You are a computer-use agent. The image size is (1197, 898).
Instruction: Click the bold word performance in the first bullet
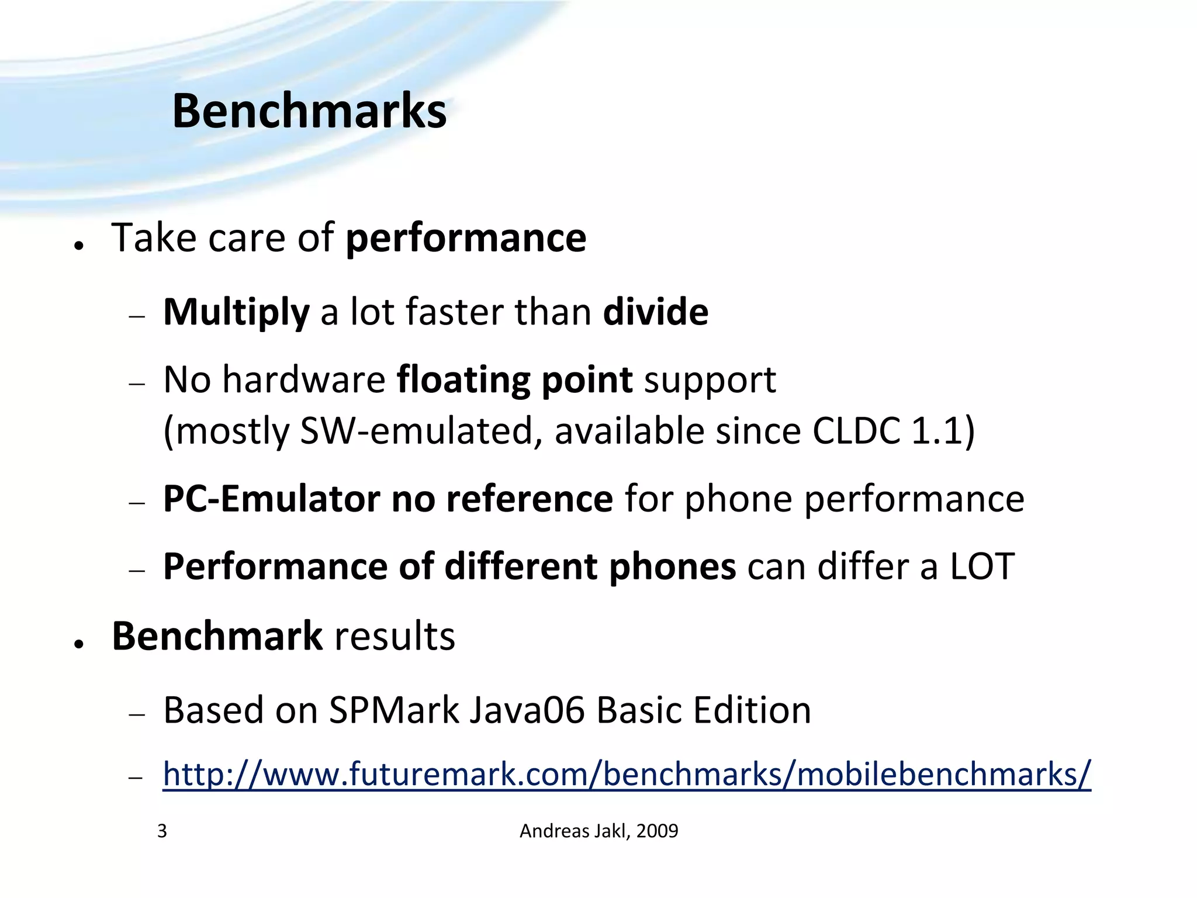pyautogui.click(x=466, y=239)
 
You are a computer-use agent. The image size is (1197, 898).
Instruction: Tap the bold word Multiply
pyautogui.click(x=236, y=312)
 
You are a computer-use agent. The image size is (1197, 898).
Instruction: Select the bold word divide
pyautogui.click(x=655, y=312)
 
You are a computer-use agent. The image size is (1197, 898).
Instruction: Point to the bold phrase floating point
pyautogui.click(x=514, y=380)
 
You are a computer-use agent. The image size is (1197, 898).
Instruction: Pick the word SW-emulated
pyautogui.click(x=417, y=431)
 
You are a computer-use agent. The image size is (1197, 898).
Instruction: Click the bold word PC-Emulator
pyautogui.click(x=271, y=499)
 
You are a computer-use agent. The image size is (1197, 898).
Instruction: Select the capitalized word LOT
pyautogui.click(x=982, y=567)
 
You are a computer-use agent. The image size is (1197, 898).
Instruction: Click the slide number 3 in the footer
pyautogui.click(x=162, y=831)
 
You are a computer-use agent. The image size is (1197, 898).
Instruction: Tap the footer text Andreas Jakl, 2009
pyautogui.click(x=598, y=831)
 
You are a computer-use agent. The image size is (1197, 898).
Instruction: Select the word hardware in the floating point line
pyautogui.click(x=303, y=380)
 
